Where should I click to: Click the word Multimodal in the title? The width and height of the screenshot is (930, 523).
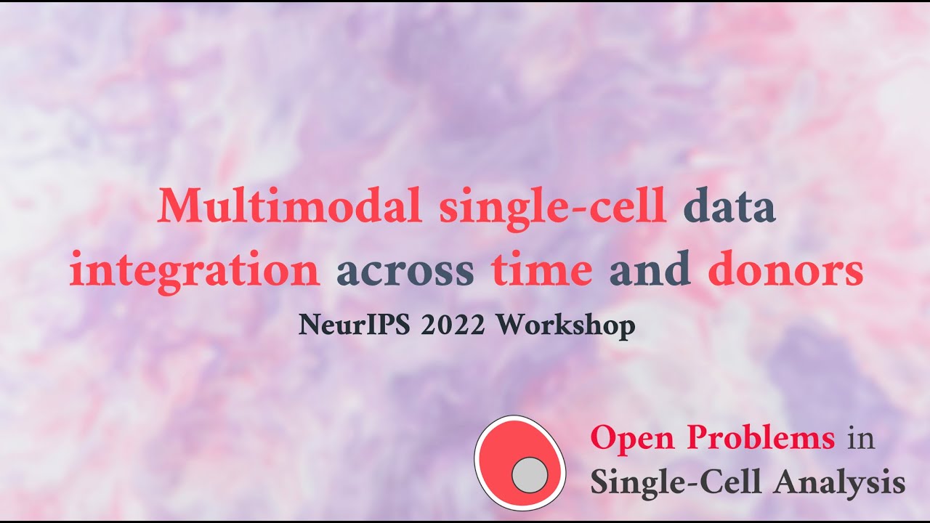point(290,208)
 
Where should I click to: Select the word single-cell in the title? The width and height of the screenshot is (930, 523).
point(552,208)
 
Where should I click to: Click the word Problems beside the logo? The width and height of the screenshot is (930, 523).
point(762,439)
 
